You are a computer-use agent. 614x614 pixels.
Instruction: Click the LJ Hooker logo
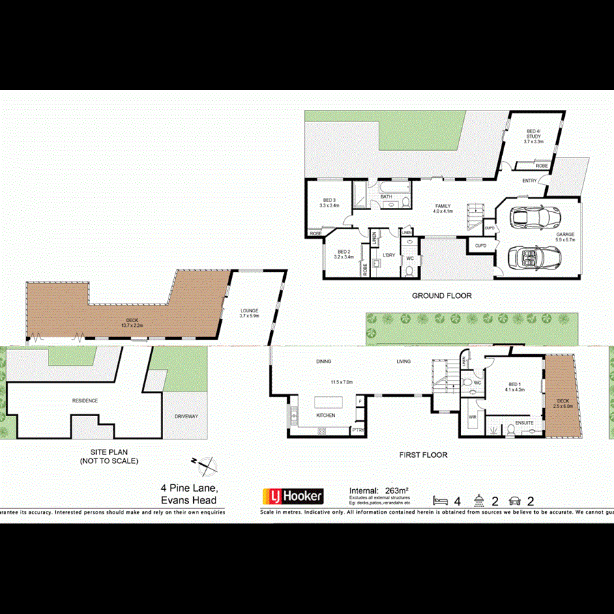coord(293,495)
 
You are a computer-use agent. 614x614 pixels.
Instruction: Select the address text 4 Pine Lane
coord(189,488)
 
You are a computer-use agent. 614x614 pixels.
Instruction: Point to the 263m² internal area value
coord(397,490)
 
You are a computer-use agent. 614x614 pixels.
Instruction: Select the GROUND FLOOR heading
coord(441,296)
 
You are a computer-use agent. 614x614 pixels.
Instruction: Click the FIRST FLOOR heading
coord(424,454)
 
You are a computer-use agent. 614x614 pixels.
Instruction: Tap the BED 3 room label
coord(330,202)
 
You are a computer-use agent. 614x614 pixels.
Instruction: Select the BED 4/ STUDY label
coord(533,136)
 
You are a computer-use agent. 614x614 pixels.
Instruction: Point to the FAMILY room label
coord(443,208)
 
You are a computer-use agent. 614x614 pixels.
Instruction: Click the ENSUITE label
coord(523,423)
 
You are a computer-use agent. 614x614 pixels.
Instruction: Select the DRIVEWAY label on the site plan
coord(185,415)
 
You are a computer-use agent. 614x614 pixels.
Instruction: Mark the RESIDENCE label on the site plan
coord(85,400)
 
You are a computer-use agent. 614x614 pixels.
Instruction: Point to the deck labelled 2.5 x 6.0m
coord(563,403)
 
